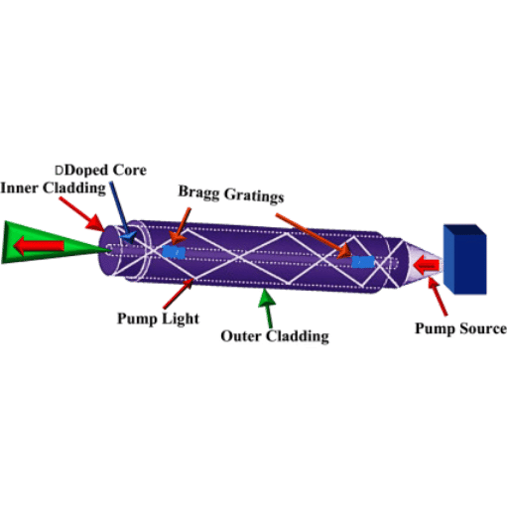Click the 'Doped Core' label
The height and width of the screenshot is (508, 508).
(105, 170)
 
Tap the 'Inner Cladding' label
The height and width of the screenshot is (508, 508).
(53, 188)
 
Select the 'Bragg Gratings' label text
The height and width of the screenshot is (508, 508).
(231, 194)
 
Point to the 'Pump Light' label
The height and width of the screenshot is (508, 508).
(158, 318)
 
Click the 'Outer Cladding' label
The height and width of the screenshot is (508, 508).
(275, 336)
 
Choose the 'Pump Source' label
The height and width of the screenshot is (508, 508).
(460, 328)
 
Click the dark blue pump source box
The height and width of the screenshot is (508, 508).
(464, 259)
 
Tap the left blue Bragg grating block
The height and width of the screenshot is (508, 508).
(174, 252)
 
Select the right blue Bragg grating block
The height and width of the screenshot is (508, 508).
(363, 262)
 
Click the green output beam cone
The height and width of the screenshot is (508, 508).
(50, 243)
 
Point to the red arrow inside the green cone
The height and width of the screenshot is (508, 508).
(39, 246)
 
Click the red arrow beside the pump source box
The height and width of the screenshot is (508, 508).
(427, 265)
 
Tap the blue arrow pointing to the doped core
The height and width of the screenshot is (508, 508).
(121, 211)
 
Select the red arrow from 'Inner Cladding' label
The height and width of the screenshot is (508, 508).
(81, 213)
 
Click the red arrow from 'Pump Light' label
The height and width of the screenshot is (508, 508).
(178, 294)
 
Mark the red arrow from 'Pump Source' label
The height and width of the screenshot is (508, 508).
(438, 297)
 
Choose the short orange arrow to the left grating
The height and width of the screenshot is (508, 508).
(181, 226)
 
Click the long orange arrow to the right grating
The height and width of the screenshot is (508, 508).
(314, 235)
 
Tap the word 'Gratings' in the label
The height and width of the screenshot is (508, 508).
(254, 195)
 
